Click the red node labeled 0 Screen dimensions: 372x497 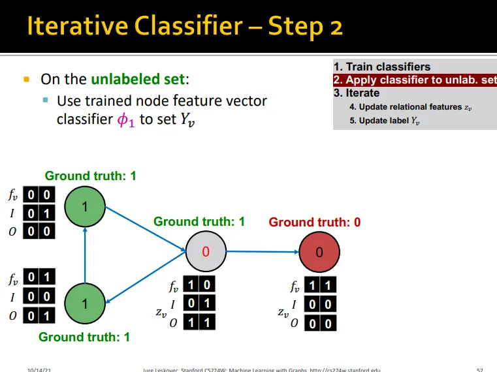(319, 252)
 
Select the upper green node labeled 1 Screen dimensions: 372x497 (85, 207)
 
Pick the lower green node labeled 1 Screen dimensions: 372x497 (85, 303)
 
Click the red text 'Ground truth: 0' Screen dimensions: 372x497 (314, 222)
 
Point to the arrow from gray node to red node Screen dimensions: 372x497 (261, 251)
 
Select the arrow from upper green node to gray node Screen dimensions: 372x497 (145, 228)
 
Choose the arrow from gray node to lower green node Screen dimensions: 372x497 (145, 278)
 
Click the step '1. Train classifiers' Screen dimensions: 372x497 (381, 67)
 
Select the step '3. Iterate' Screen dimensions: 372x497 (357, 93)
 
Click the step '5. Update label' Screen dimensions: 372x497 (389, 121)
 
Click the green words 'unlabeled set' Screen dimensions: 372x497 (138, 80)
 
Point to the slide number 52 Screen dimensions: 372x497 (480, 369)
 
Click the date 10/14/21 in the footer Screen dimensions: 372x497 (39, 369)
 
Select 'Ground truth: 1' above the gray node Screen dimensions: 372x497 (199, 222)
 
